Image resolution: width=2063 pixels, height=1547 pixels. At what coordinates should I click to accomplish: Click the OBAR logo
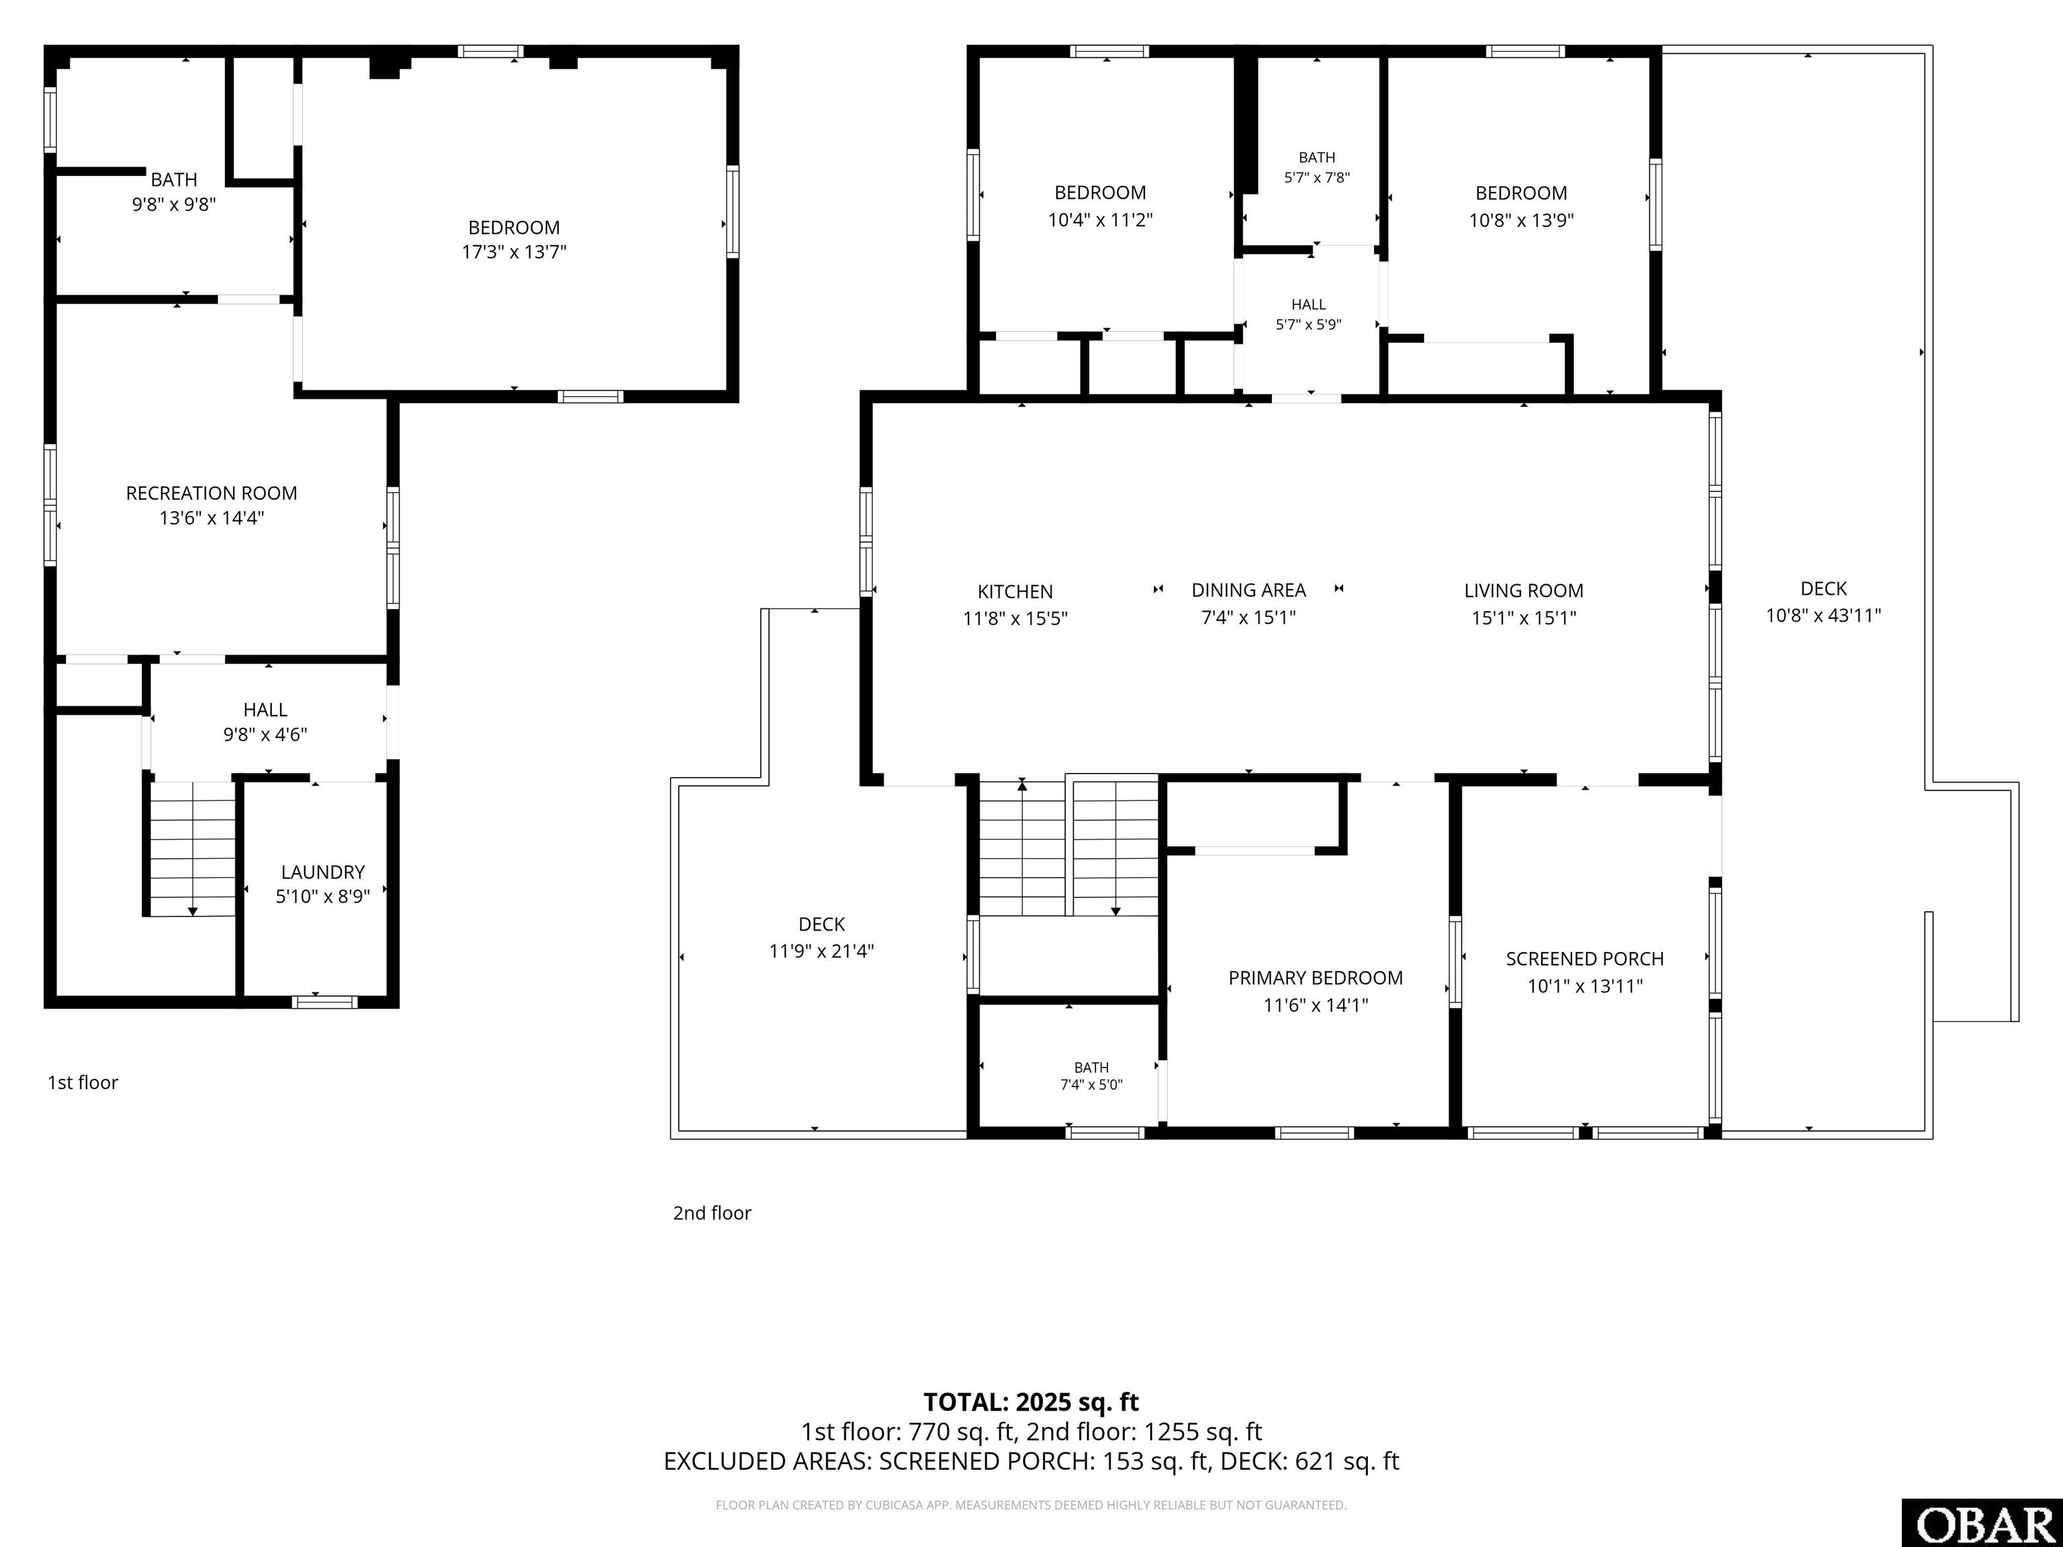click(x=1982, y=1523)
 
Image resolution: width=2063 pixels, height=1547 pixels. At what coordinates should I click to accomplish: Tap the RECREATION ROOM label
click(x=212, y=494)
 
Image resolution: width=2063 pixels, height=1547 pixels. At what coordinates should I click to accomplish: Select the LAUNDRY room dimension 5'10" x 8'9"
click(x=323, y=897)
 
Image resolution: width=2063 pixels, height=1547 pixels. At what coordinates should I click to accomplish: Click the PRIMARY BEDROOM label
click(x=1315, y=978)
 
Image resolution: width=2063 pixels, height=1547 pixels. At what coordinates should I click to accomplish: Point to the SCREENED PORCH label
click(x=1585, y=959)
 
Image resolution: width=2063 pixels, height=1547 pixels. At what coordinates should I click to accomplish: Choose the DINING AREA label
click(x=1249, y=590)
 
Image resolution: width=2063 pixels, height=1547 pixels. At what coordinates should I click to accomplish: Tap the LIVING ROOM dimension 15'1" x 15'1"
click(x=1524, y=617)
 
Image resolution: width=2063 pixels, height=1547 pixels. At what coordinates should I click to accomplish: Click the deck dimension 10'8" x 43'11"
click(x=1823, y=616)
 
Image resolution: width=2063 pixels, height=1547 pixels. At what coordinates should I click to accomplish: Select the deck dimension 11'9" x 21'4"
click(x=822, y=951)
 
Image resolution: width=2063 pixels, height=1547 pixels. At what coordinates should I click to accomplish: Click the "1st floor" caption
click(x=83, y=1082)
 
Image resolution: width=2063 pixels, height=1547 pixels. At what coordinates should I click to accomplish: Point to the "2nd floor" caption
click(x=712, y=1213)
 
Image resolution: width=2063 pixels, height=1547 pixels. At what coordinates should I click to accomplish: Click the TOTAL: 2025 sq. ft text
click(x=1031, y=1403)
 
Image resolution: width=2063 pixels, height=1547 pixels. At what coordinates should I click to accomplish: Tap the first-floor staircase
click(x=193, y=849)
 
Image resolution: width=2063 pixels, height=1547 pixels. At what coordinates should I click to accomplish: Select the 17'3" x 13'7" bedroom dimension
click(x=514, y=252)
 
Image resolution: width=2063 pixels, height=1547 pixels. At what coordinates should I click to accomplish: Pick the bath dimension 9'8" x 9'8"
click(x=175, y=204)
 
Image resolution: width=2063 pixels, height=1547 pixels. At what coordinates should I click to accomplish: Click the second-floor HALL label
click(x=1308, y=305)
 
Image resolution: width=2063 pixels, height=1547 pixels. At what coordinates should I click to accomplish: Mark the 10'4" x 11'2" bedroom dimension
click(x=1101, y=220)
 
